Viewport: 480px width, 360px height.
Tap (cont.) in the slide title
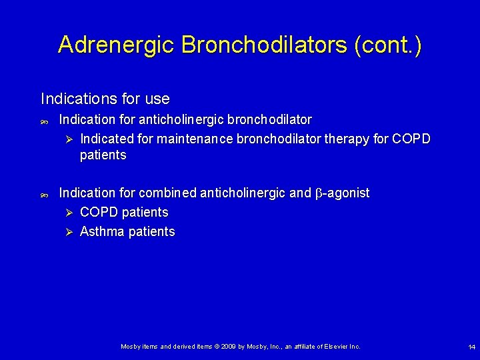tap(388, 45)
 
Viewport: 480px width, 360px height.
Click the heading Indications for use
tap(105, 99)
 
